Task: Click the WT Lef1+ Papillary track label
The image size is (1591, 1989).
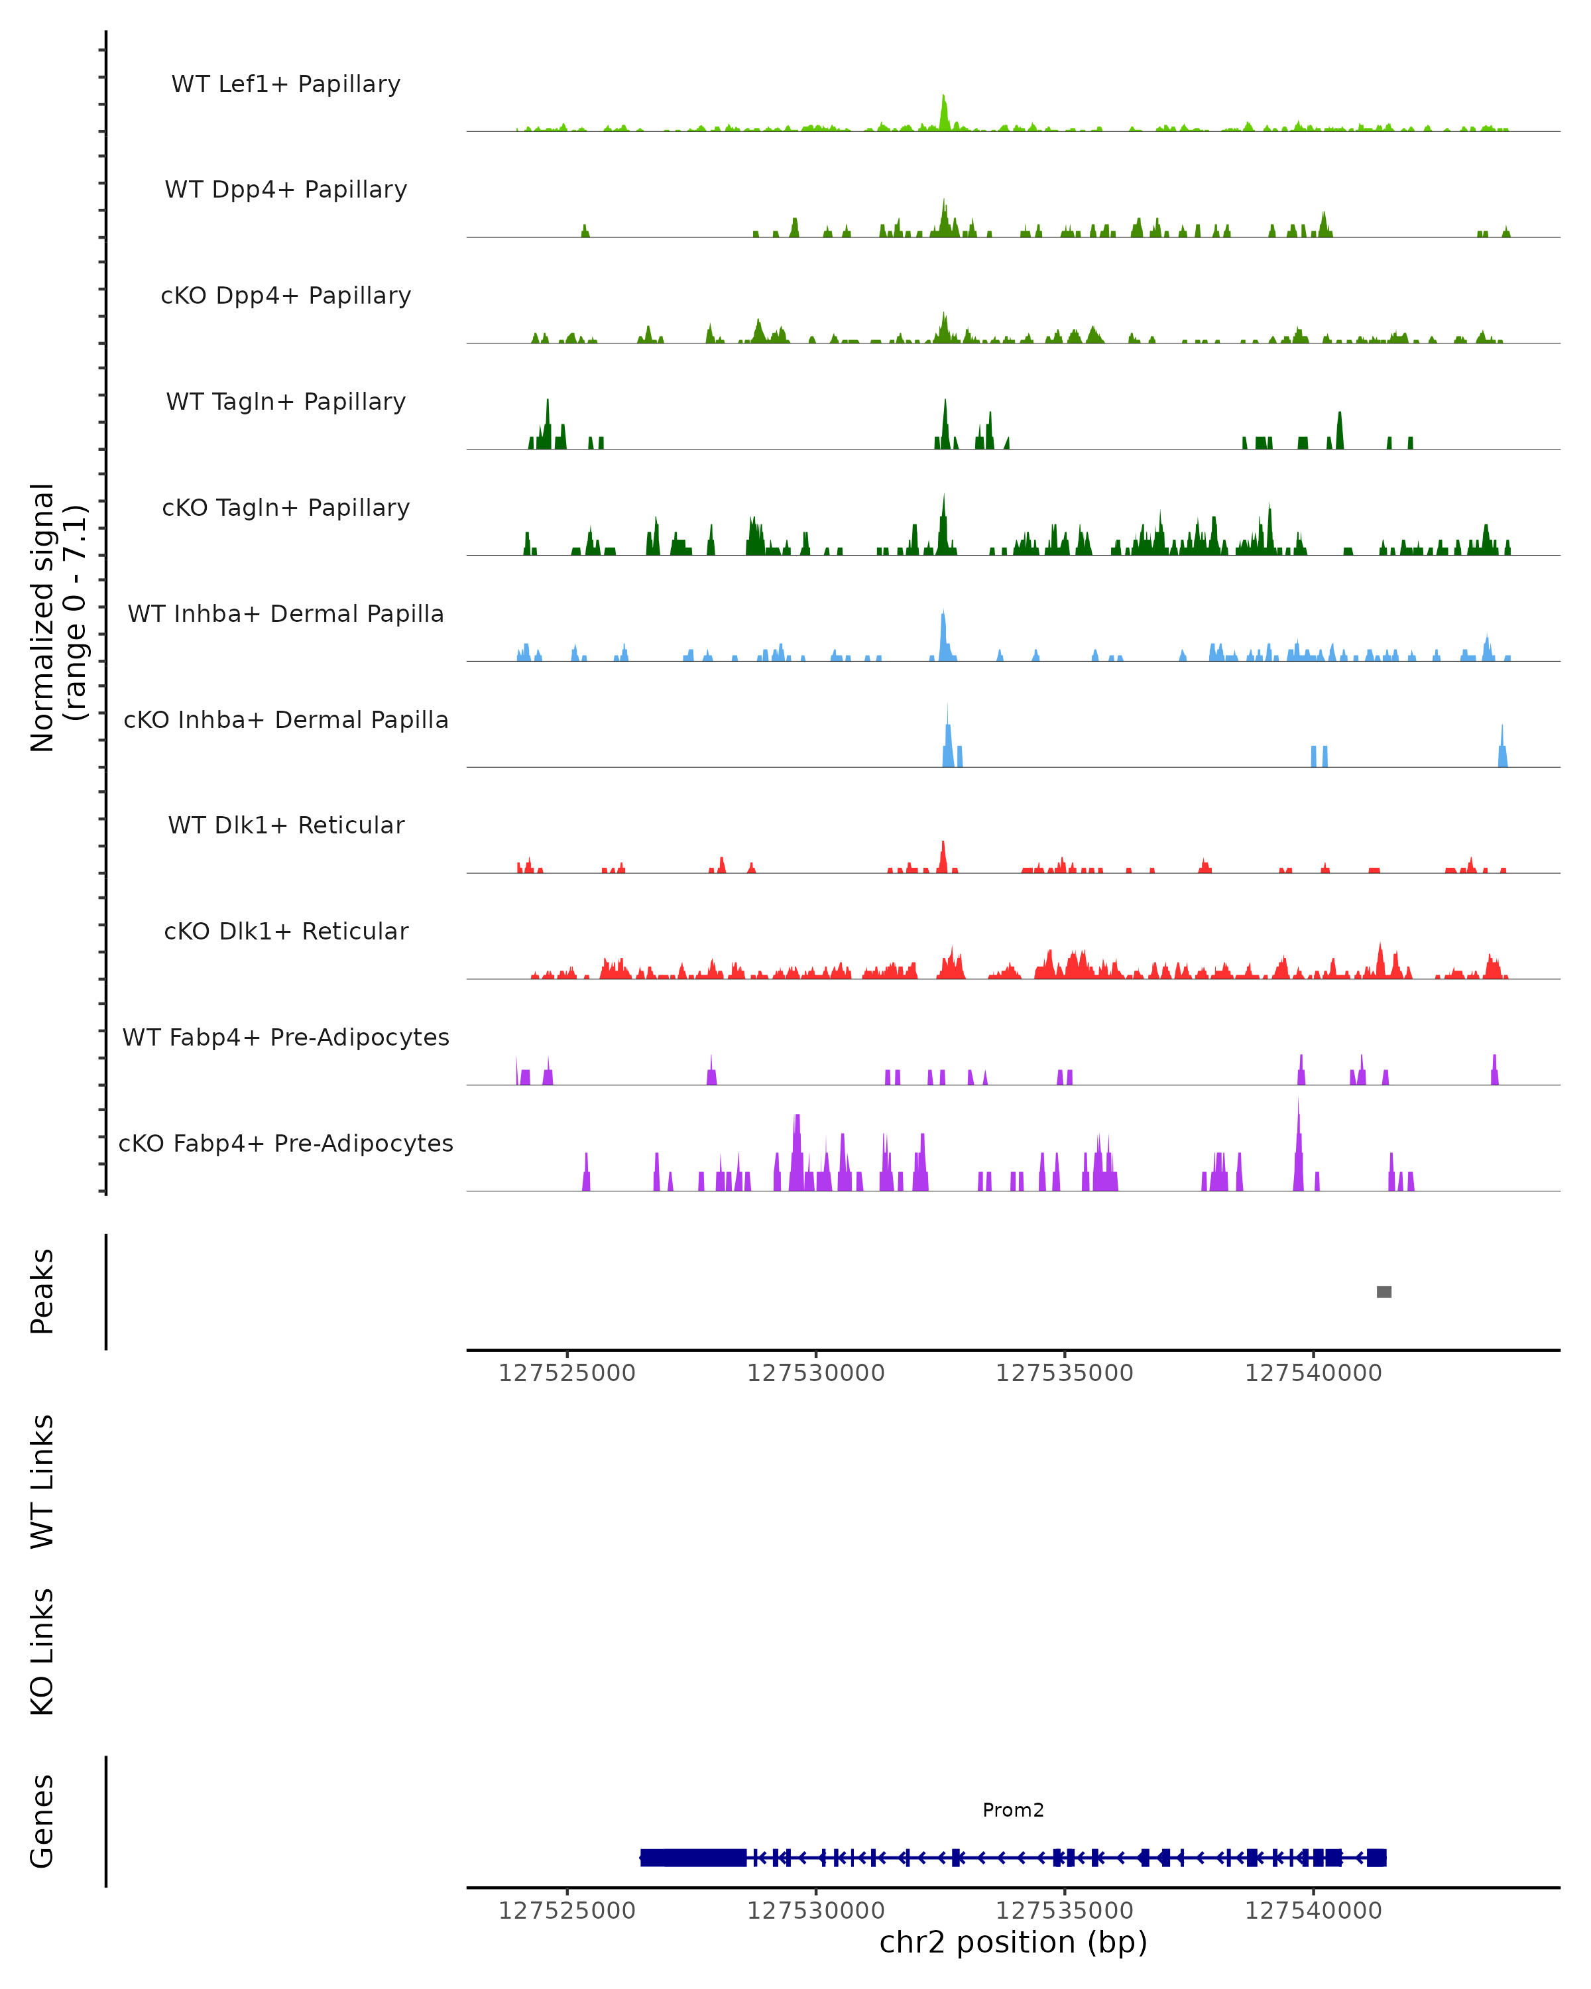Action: (286, 84)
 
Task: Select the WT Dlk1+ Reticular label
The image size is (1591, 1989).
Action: (286, 825)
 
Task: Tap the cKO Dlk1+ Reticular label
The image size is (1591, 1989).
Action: (286, 931)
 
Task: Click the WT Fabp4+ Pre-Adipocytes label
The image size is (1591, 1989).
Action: (286, 1037)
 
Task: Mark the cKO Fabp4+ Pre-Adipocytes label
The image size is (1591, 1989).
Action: (286, 1143)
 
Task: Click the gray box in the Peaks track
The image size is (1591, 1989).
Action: (1384, 1292)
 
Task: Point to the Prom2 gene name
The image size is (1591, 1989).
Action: (1013, 1810)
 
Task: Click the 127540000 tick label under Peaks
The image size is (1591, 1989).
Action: (1313, 1373)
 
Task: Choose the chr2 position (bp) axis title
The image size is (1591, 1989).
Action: (1013, 1943)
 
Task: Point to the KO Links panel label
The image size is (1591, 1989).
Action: (42, 1652)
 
